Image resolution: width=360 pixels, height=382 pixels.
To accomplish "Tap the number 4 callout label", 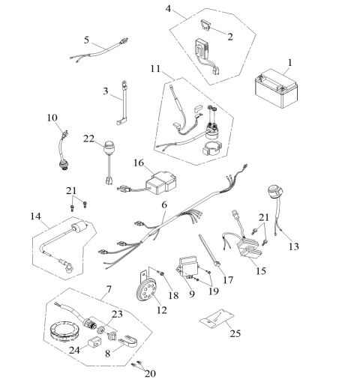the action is (168, 9).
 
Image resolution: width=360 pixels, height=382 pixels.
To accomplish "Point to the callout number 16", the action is (139, 163).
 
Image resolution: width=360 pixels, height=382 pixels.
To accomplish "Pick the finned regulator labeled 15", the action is (250, 251).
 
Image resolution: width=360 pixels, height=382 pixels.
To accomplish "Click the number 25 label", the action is (235, 333).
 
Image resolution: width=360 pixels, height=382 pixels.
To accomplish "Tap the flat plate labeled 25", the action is (217, 318).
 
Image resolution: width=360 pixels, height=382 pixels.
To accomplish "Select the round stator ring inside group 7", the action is (64, 333).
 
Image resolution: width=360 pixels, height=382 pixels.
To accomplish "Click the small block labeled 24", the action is (94, 341).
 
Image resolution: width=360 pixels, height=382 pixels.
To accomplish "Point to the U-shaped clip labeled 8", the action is (127, 341).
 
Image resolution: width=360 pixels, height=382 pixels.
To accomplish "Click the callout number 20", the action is (150, 374).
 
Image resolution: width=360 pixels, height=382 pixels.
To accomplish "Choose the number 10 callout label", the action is (52, 118).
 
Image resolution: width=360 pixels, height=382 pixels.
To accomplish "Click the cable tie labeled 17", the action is (209, 250).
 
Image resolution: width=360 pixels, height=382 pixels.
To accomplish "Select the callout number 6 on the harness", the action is (164, 204).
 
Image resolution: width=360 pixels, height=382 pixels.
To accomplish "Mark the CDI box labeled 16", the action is (161, 183).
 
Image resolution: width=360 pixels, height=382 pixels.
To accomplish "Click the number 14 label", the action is (35, 216).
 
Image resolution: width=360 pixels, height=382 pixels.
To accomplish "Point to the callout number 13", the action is (294, 246).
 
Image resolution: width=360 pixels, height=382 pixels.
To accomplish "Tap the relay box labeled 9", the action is (190, 267).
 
